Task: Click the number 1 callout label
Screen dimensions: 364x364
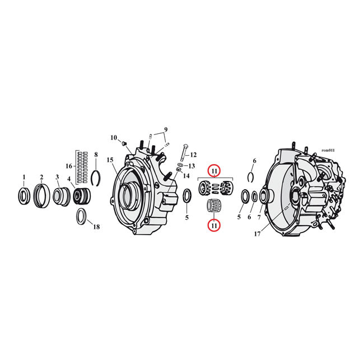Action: (24, 178)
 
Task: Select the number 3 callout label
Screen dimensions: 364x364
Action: (57, 178)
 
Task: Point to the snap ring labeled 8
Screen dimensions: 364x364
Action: (96, 176)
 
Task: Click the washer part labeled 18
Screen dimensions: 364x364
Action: (81, 216)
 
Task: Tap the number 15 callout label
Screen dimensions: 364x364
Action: (110, 160)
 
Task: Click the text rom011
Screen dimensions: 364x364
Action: (328, 151)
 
